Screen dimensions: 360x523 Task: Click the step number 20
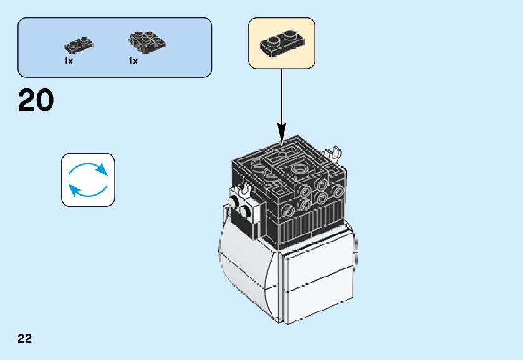(36, 101)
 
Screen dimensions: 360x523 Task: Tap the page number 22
(25, 339)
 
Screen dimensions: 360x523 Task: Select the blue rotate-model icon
(88, 180)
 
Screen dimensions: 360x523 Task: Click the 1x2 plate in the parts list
(78, 45)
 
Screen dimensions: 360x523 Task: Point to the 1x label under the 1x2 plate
(69, 62)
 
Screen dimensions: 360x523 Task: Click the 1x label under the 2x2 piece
(133, 62)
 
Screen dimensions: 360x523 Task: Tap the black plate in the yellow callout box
(282, 42)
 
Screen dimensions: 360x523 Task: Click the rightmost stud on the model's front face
(337, 191)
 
